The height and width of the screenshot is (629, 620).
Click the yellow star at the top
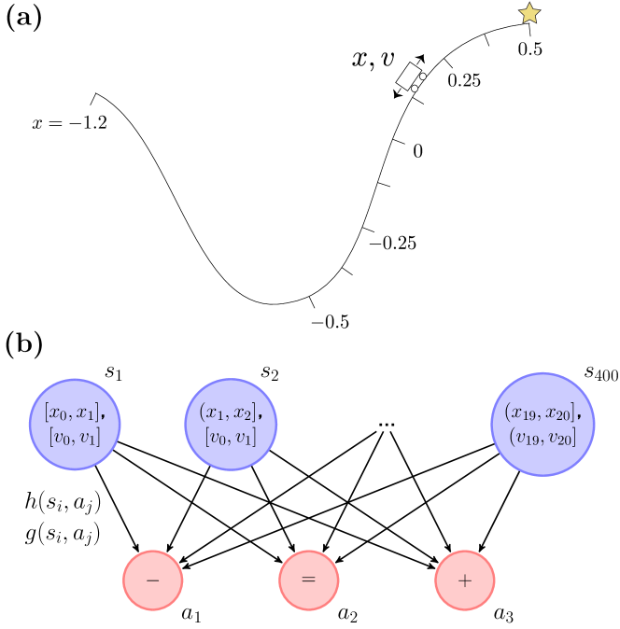point(529,13)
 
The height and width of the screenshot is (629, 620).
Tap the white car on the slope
point(411,77)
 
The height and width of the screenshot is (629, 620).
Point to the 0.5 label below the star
point(530,49)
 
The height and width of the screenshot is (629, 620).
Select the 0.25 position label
point(464,80)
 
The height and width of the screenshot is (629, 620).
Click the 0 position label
point(418,151)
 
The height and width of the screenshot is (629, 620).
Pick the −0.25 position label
point(392,244)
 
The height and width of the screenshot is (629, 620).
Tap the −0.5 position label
point(331,322)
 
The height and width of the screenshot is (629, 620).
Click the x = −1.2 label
point(69,122)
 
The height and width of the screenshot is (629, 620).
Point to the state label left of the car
point(373,61)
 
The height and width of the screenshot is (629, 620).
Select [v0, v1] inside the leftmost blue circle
point(75,436)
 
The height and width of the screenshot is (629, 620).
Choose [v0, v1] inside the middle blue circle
point(231,436)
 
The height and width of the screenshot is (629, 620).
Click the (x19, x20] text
point(542,412)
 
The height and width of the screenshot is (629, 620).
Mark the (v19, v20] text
point(542,436)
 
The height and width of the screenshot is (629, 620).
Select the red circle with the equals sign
point(308,580)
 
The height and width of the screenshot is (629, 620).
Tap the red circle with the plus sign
point(464,580)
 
